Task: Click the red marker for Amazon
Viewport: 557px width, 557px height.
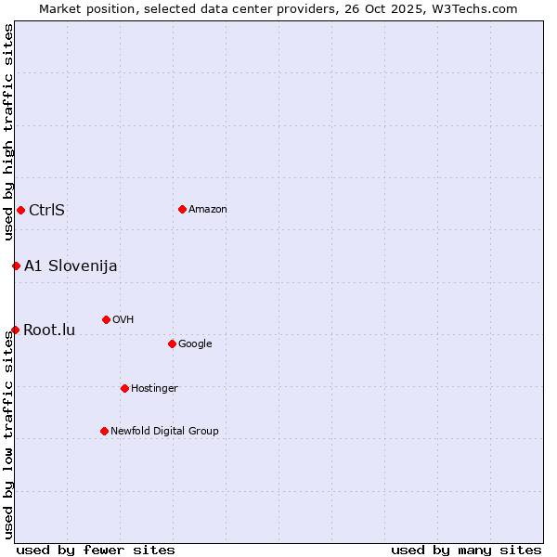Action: (182, 209)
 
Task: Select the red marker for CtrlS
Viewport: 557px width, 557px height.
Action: (20, 210)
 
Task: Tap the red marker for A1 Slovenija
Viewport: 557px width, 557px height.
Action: (16, 266)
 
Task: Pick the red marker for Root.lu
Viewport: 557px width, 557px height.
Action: (15, 330)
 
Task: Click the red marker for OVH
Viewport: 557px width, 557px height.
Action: (106, 319)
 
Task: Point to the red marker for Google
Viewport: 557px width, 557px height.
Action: (172, 343)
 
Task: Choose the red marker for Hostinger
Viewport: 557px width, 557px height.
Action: (124, 388)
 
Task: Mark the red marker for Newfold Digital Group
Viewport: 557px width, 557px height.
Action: (104, 431)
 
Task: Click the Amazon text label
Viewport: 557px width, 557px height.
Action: (208, 209)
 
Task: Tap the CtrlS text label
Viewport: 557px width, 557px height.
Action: (46, 210)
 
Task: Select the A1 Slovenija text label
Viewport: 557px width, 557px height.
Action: (71, 266)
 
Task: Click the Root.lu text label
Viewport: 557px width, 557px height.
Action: (49, 330)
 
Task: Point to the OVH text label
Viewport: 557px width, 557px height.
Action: (123, 319)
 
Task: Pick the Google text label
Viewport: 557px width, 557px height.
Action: (195, 343)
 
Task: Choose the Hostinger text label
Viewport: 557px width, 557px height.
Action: (154, 388)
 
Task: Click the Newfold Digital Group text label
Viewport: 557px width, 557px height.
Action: (164, 431)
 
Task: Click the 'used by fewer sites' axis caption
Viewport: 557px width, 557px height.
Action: (96, 550)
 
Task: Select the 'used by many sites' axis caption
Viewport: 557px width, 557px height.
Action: (466, 550)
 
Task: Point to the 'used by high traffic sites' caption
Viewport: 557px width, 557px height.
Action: (8, 132)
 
